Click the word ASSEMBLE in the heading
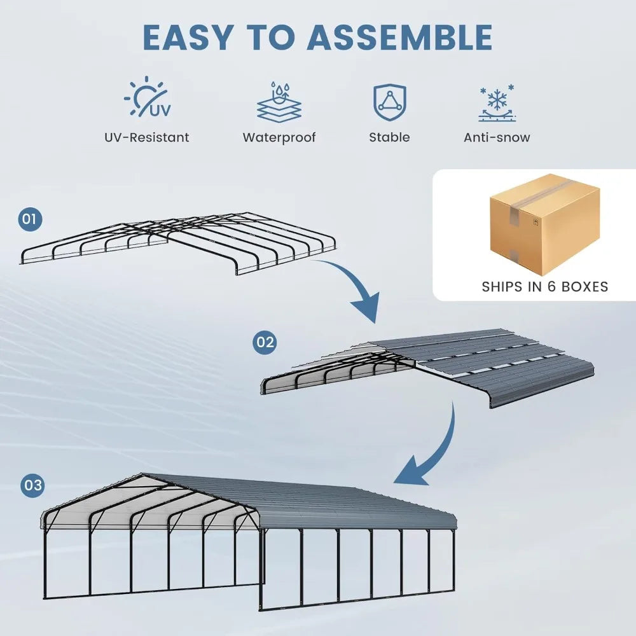399,38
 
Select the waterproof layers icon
279,101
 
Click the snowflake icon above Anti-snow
497,102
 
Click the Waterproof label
279,137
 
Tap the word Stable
389,137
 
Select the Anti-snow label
497,137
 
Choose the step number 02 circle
265,343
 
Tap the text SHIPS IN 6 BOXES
544,287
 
